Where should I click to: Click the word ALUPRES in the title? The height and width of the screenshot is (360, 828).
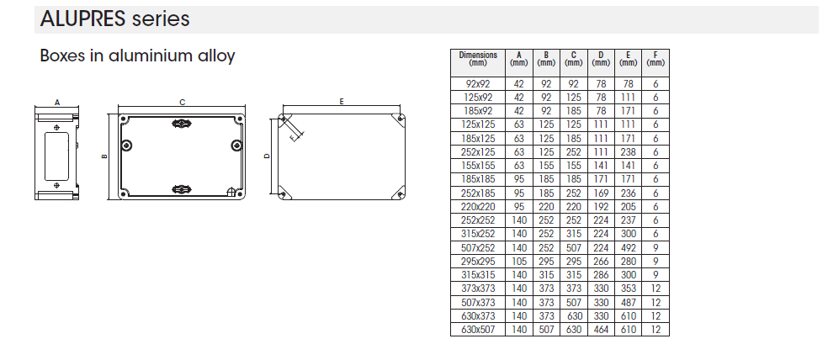[x=83, y=19]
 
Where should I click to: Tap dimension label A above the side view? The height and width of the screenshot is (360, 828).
[x=57, y=103]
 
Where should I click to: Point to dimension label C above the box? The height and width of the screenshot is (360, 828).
[x=183, y=103]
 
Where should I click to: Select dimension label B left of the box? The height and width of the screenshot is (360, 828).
[x=104, y=156]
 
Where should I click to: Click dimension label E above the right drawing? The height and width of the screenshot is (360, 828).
[x=342, y=101]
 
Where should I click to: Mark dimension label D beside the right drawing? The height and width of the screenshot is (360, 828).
[x=267, y=156]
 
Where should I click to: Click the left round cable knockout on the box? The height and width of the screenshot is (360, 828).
[x=126, y=146]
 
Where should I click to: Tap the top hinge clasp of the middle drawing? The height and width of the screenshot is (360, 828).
[x=182, y=124]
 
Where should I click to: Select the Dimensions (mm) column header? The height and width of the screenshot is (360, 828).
[x=478, y=59]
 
